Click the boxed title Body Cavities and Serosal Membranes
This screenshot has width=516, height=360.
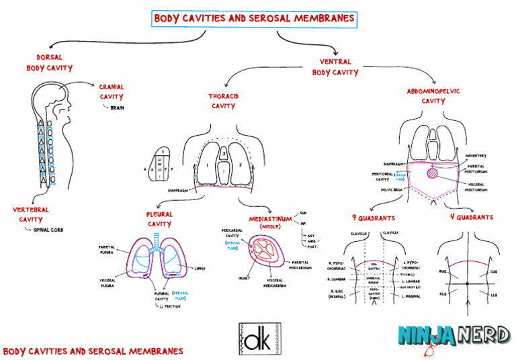pos(255,19)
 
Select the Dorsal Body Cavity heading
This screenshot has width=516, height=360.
pos(50,62)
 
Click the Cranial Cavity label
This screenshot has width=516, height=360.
pos(112,92)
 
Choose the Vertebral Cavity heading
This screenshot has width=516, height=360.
pos(31,214)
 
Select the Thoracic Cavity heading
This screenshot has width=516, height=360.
pos(223,101)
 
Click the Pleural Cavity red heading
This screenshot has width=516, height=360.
pos(159,219)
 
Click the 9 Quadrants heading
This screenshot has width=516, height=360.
pos(373,218)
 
